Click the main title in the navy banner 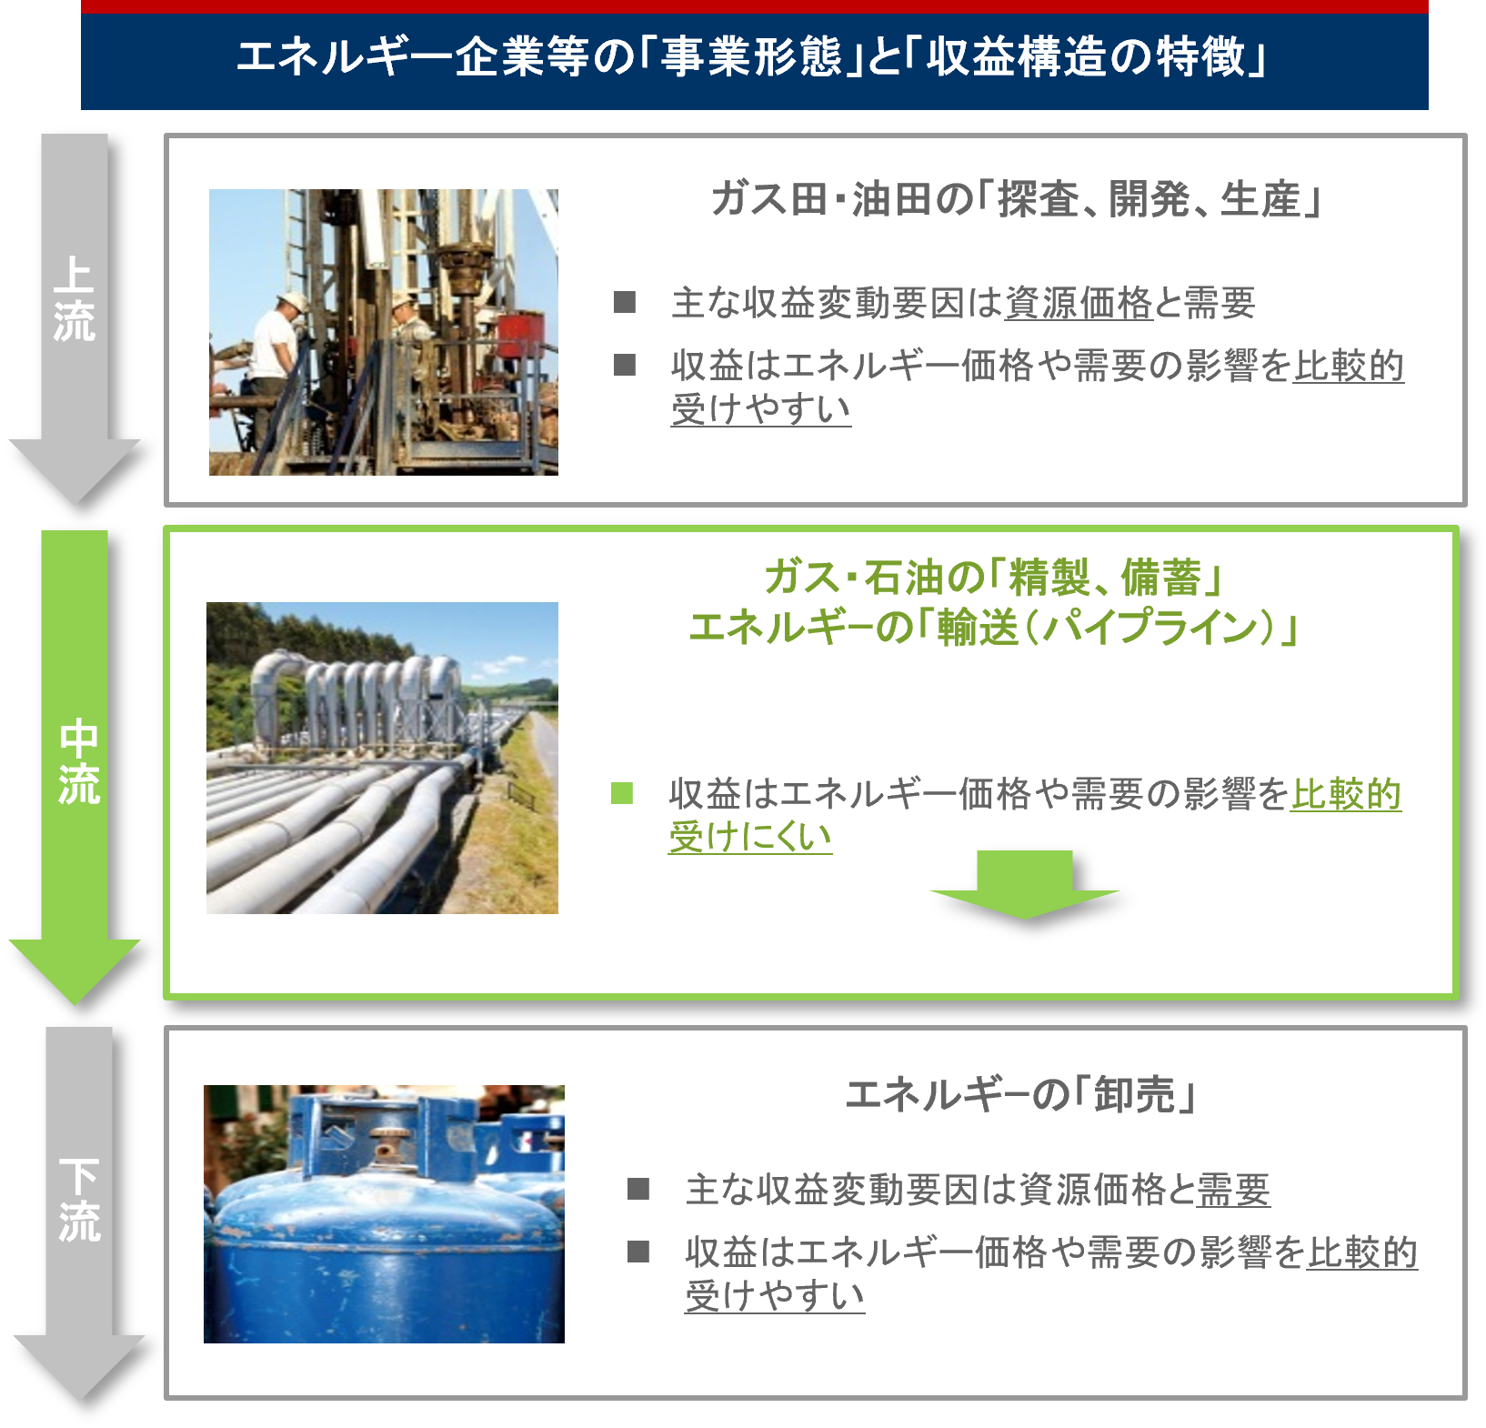(x=753, y=58)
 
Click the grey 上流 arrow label (x=74, y=300)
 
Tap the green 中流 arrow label (x=77, y=762)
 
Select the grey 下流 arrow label (x=79, y=1199)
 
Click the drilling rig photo (x=383, y=332)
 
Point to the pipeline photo (x=382, y=758)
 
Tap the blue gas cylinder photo (x=384, y=1213)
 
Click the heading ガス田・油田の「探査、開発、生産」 (x=1016, y=199)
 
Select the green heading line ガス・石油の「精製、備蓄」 (x=994, y=577)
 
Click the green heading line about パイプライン (x=994, y=628)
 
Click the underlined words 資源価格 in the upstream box (x=1079, y=304)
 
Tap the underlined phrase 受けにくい (x=749, y=837)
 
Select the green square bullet (x=622, y=793)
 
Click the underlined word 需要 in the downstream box (x=1233, y=1190)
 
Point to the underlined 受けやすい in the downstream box (x=775, y=1295)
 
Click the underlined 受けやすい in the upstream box (x=761, y=409)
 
